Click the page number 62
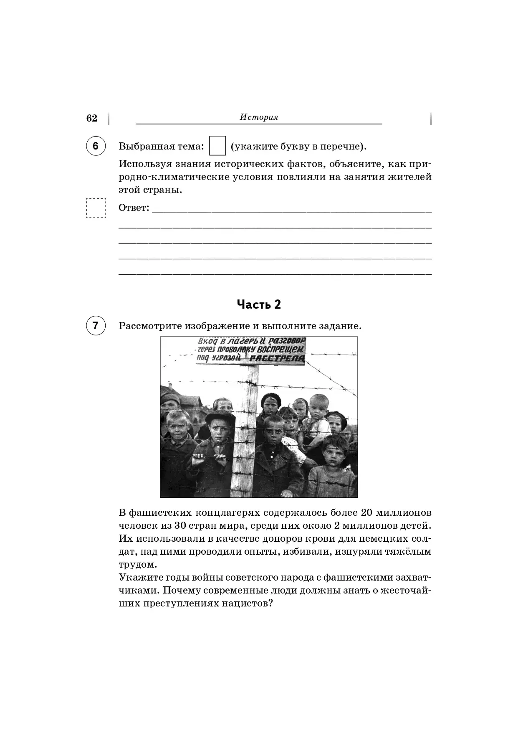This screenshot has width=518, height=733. [x=91, y=118]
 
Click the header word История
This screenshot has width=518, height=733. [x=259, y=117]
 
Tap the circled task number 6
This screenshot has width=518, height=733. [x=96, y=146]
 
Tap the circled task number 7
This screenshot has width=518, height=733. [x=96, y=325]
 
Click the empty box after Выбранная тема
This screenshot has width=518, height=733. [x=217, y=146]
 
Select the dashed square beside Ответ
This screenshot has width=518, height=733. [x=96, y=208]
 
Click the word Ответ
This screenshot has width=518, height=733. [x=133, y=208]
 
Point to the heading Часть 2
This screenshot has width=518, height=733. [x=259, y=304]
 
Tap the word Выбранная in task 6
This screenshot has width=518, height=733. [x=146, y=146]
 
